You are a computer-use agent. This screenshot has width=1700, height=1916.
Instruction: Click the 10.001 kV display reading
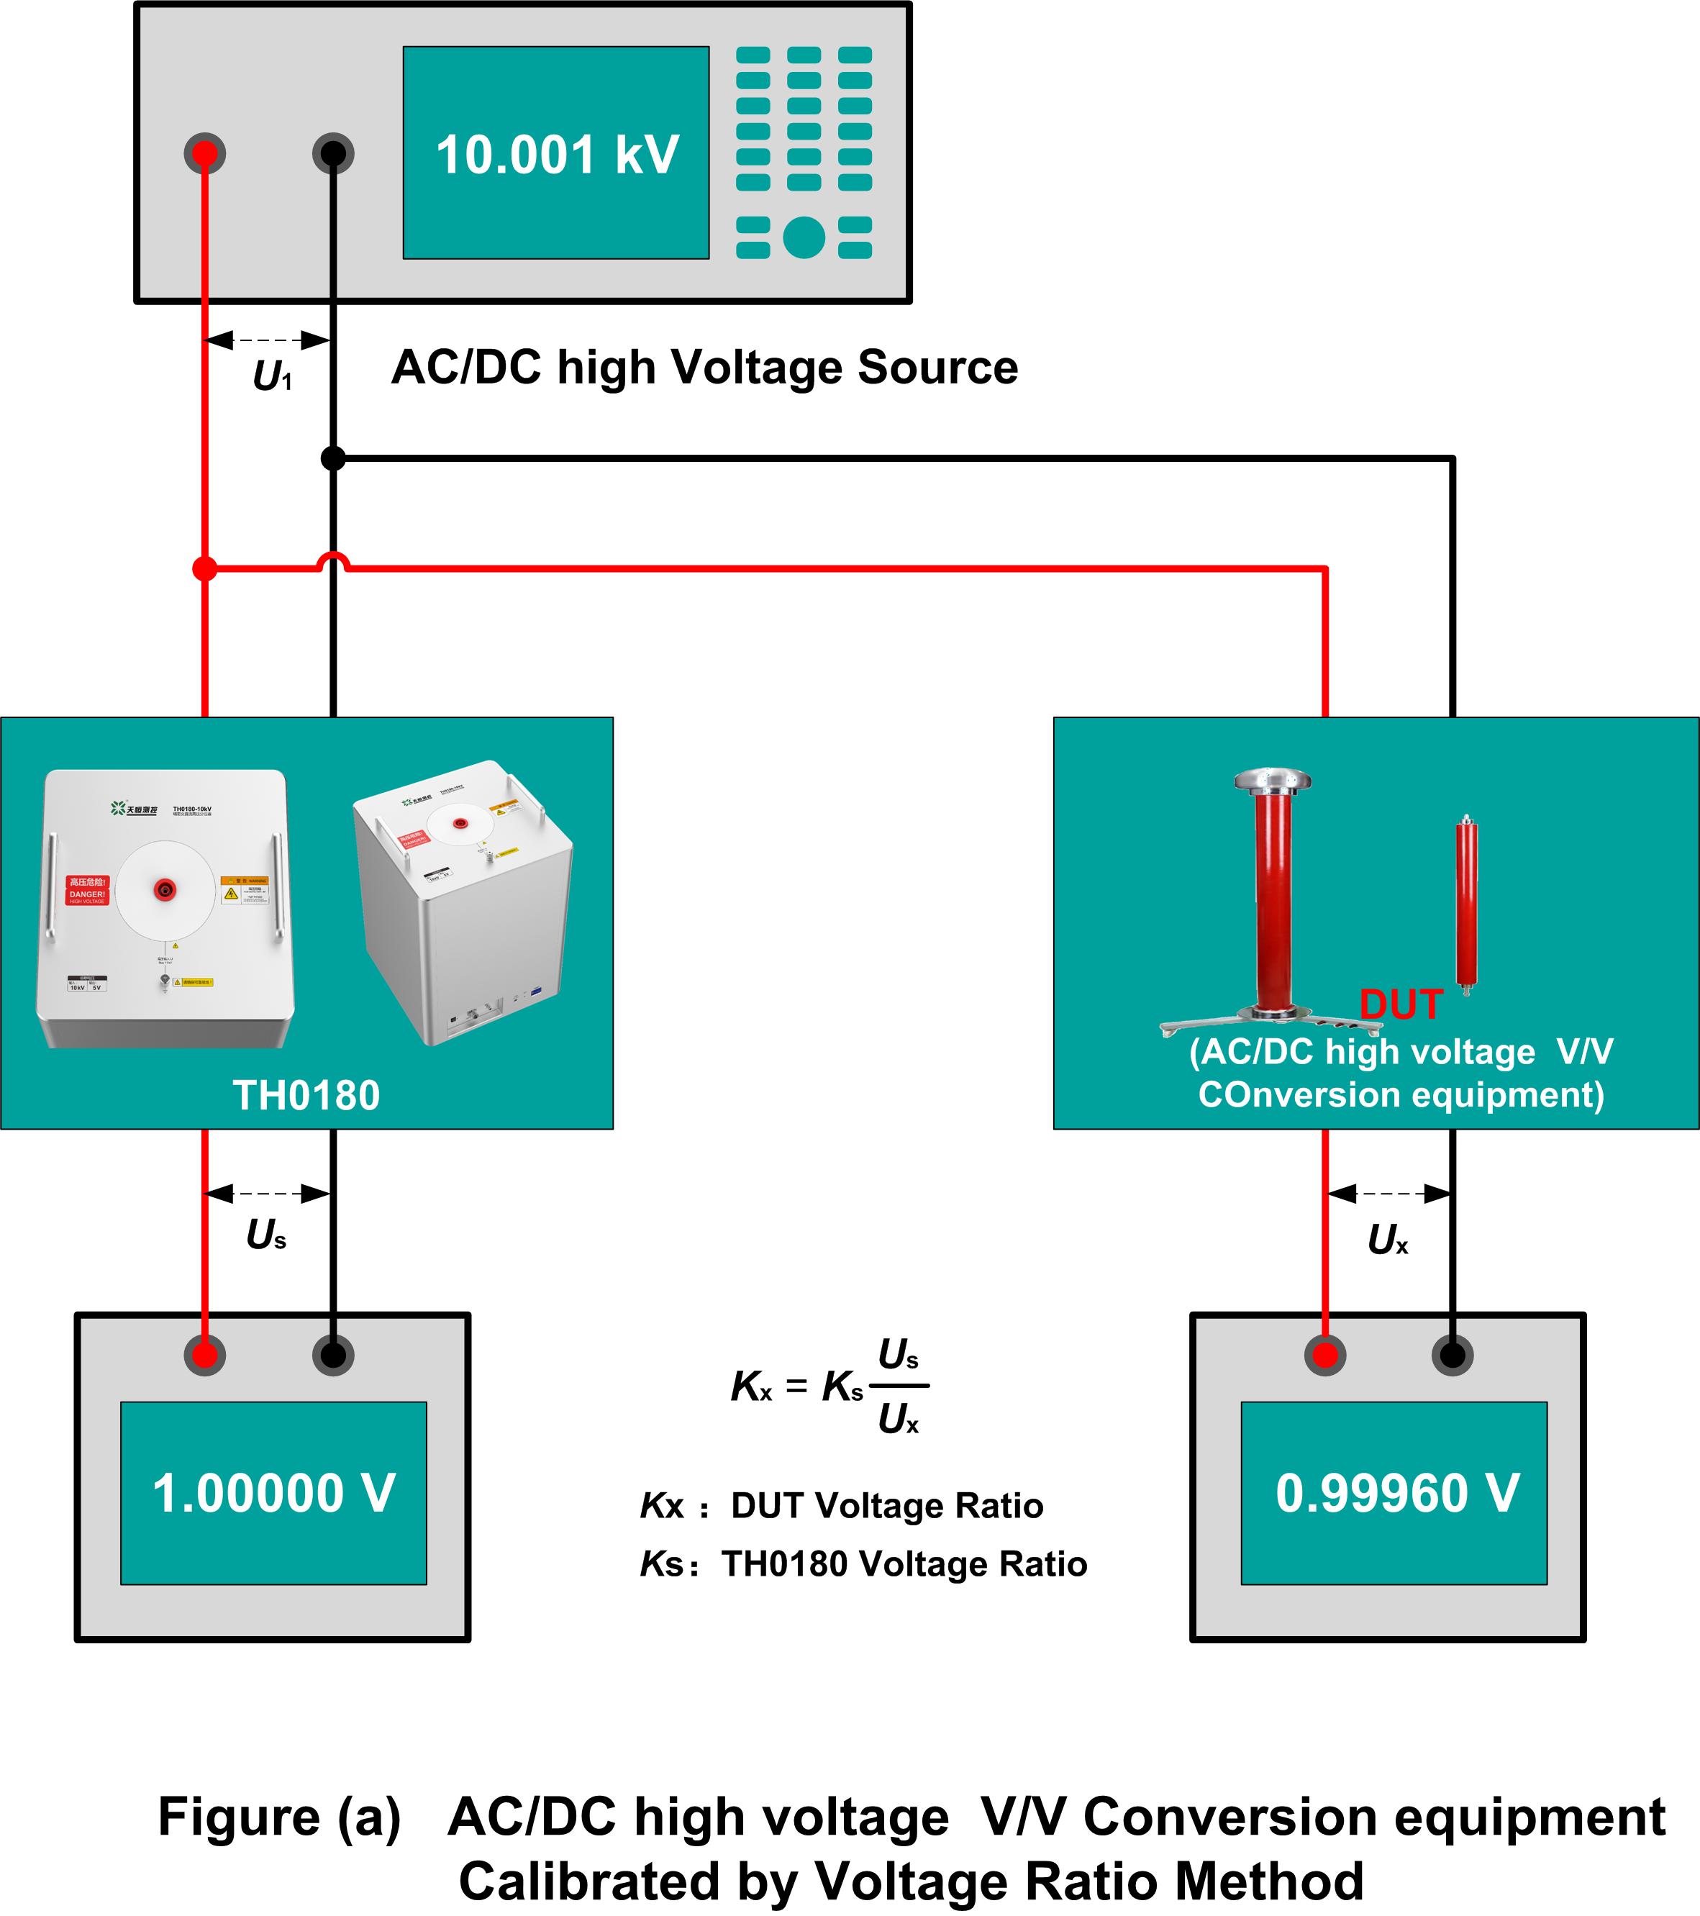pyautogui.click(x=557, y=155)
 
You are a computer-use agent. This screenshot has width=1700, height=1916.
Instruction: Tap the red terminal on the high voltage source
pyautogui.click(x=205, y=153)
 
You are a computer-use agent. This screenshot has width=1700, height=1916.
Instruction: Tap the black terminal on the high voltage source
pyautogui.click(x=332, y=153)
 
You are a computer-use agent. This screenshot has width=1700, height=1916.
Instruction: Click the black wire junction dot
pyautogui.click(x=332, y=458)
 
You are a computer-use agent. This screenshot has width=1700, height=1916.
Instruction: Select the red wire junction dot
pyautogui.click(x=204, y=568)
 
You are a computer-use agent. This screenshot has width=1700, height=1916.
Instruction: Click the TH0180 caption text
pyautogui.click(x=306, y=1096)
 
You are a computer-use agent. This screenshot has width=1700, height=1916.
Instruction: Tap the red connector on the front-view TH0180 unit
pyautogui.click(x=165, y=889)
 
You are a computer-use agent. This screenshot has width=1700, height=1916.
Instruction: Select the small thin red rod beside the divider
pyautogui.click(x=1465, y=904)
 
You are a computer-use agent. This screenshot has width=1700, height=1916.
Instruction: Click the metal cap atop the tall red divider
pyautogui.click(x=1272, y=780)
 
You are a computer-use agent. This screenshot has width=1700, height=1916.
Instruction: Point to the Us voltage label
pyautogui.click(x=266, y=1235)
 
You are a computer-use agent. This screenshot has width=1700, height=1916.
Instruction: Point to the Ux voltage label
pyautogui.click(x=1387, y=1240)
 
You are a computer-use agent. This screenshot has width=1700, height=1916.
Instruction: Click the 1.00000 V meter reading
pyautogui.click(x=273, y=1493)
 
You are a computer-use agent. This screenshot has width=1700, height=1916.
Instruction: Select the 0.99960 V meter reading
pyautogui.click(x=1396, y=1493)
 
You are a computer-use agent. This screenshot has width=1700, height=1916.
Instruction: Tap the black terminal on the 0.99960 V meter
pyautogui.click(x=1452, y=1356)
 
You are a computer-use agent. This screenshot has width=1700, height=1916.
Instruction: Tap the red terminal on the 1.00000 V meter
pyautogui.click(x=205, y=1356)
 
